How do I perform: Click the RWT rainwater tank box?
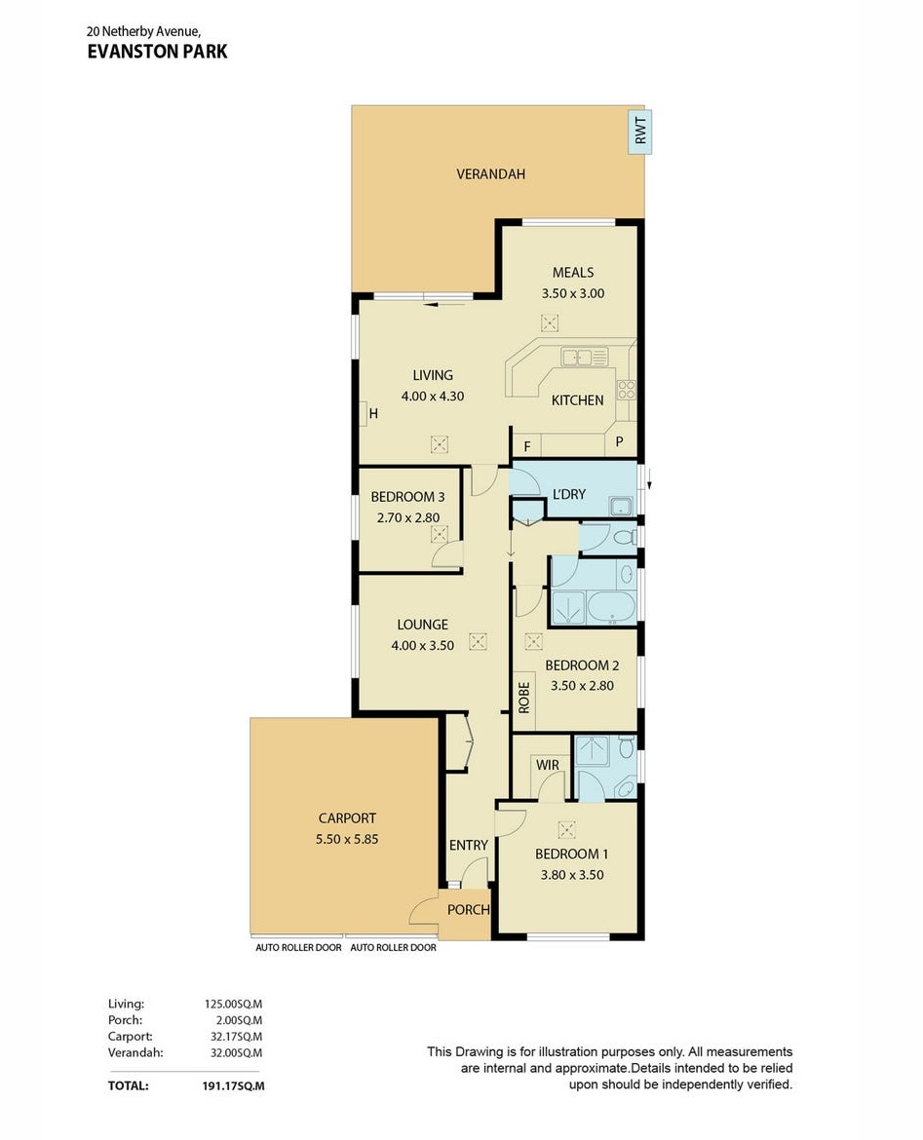click(x=640, y=132)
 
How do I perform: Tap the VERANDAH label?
click(x=490, y=173)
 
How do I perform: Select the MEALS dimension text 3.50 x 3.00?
click(x=572, y=293)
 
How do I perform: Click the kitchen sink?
click(x=584, y=357)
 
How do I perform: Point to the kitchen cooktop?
click(x=626, y=391)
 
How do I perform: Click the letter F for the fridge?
click(x=527, y=446)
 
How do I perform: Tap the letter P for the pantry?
click(x=619, y=441)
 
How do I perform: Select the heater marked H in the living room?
click(x=369, y=414)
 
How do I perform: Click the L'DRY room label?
click(x=569, y=494)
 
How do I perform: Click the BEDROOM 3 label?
click(x=407, y=497)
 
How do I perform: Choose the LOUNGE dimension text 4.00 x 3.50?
click(x=423, y=645)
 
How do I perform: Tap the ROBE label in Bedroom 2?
click(x=523, y=697)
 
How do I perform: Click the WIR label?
click(x=548, y=765)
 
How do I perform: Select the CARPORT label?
click(x=347, y=817)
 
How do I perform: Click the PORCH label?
click(x=469, y=909)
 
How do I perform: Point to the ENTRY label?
click(x=469, y=845)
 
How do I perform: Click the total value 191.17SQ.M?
click(x=234, y=1086)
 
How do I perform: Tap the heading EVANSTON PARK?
click(x=157, y=52)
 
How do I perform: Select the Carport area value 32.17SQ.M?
click(x=237, y=1037)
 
